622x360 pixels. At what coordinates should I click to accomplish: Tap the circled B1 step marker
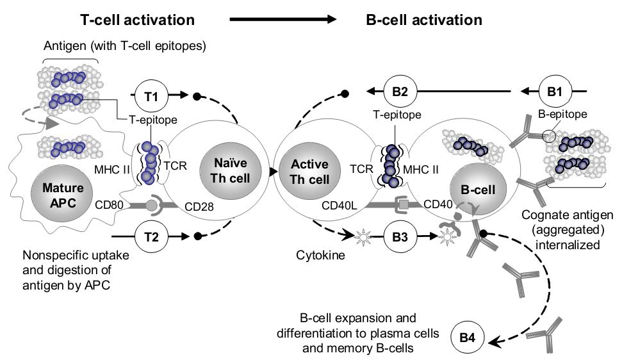555,92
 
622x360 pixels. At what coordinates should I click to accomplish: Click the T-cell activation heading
138,20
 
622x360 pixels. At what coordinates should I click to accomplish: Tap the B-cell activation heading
424,20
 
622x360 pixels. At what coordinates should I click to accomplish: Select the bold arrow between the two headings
282,20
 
